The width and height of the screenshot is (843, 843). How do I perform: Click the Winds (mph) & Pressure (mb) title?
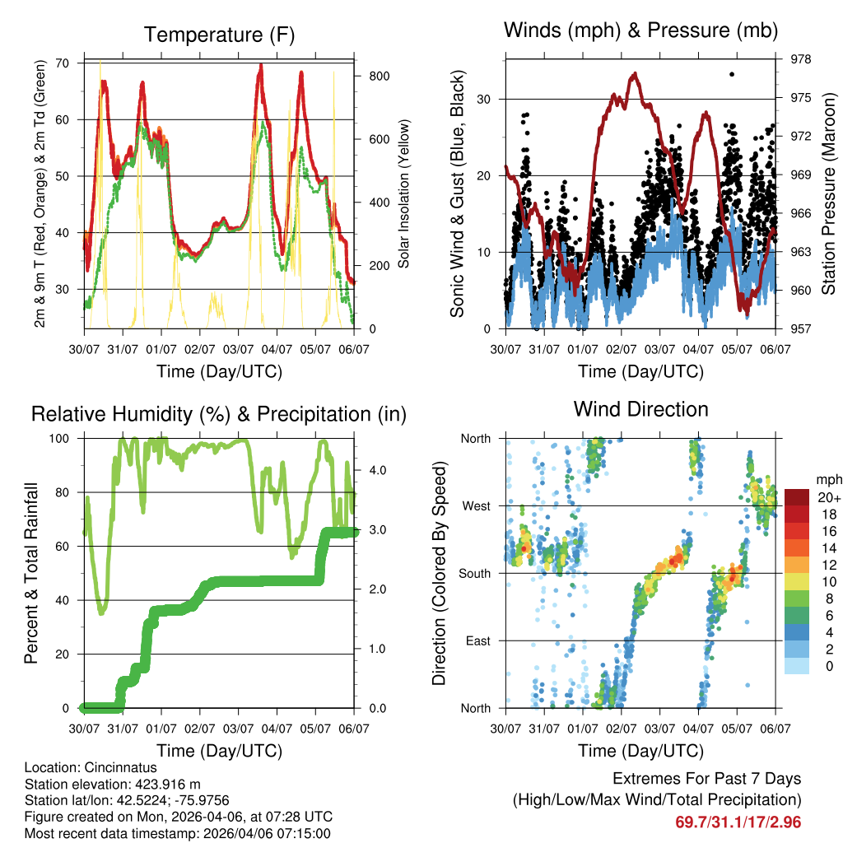tap(640, 30)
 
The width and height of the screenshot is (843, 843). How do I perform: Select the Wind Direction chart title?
tap(640, 408)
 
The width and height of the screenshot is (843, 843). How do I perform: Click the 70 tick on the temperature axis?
tap(61, 63)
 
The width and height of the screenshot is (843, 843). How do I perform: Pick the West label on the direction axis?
tap(476, 505)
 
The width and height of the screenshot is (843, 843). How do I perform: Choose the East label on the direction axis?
tap(477, 640)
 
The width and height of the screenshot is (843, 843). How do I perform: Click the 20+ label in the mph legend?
tap(828, 497)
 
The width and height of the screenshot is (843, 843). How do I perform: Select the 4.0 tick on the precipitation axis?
tap(378, 470)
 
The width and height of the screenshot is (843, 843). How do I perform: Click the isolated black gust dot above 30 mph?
tap(732, 74)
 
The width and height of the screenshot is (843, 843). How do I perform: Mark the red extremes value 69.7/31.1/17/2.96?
tap(738, 822)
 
